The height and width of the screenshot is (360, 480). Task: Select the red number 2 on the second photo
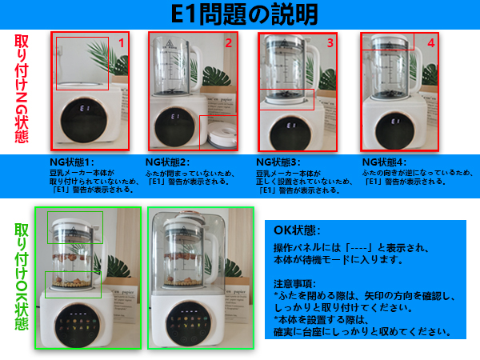[227, 42]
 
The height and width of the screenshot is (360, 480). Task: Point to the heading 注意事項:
[295, 283]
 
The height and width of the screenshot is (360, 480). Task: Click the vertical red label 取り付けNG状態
[22, 88]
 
